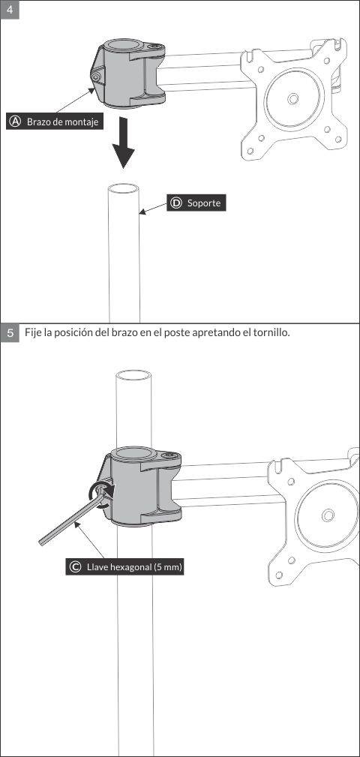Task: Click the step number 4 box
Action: pyautogui.click(x=9, y=11)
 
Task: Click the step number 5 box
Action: pyautogui.click(x=10, y=332)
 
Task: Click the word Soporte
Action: pyautogui.click(x=204, y=203)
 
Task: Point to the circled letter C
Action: pyautogui.click(x=75, y=567)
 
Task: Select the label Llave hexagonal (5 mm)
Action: pyautogui.click(x=134, y=567)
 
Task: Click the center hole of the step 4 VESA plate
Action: pyautogui.click(x=292, y=98)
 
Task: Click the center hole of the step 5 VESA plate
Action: pyautogui.click(x=327, y=515)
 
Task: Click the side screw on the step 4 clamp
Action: pyautogui.click(x=95, y=76)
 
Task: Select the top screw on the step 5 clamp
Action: pyautogui.click(x=169, y=455)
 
